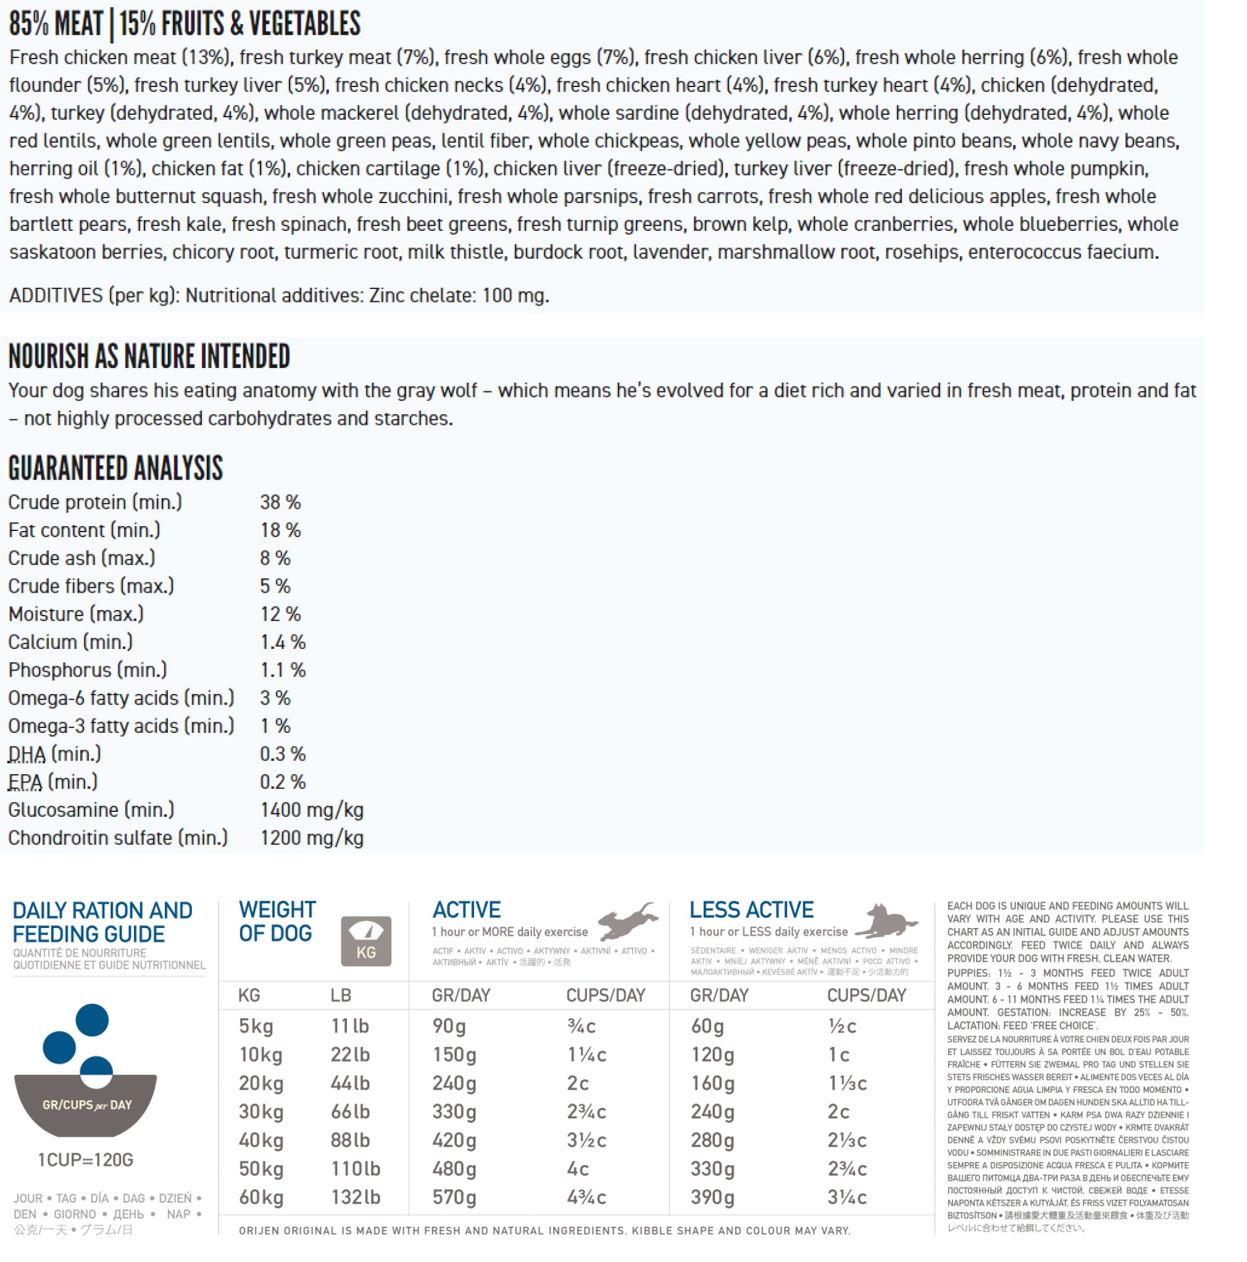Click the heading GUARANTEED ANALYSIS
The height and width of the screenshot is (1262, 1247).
point(115,469)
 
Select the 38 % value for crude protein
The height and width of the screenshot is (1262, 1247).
point(280,503)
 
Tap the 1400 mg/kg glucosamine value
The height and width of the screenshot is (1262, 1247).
point(311,810)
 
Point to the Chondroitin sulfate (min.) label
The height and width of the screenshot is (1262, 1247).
point(117,838)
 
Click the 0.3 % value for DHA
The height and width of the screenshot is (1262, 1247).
point(282,754)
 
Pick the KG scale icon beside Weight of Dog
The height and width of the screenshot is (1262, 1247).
point(366,940)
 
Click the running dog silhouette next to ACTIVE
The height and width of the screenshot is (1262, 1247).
point(627,921)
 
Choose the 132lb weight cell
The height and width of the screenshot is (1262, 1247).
point(356,1197)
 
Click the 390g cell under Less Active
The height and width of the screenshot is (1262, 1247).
point(712,1197)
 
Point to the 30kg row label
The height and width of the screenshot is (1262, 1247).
point(261,1112)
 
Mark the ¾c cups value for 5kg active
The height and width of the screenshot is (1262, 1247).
point(581,1026)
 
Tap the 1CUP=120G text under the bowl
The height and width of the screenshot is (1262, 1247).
point(86,1160)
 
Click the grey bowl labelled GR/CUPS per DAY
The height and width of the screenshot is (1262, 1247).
point(86,1105)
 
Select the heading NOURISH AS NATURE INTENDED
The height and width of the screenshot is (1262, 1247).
point(149,357)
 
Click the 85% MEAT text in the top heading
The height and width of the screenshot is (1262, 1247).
point(56,23)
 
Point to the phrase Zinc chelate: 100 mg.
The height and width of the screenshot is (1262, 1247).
point(459,296)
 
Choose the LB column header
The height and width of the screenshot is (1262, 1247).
point(340,995)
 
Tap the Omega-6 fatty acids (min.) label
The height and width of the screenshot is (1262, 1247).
point(121,698)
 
